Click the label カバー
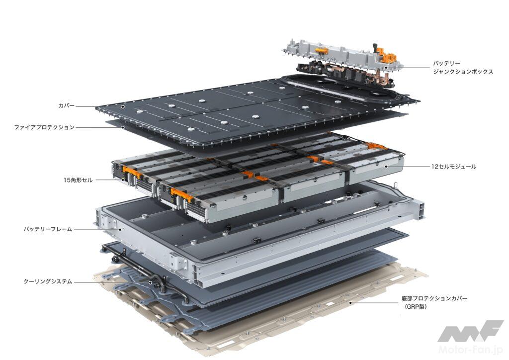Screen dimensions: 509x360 click(66, 105)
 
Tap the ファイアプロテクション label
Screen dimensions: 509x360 click(44, 127)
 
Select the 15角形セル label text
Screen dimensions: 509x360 click(78, 180)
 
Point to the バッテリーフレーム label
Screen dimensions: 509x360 click(47, 229)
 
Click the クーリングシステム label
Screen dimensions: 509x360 click(47, 281)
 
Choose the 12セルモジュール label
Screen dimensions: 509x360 click(453, 167)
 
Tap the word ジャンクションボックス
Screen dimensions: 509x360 click(463, 72)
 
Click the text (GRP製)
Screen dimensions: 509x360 click(416, 307)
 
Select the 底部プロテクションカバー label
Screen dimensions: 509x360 click(434, 298)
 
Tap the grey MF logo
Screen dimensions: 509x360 click(471, 332)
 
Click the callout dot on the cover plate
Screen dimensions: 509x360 click(123, 106)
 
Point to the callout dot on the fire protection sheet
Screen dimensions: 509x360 click(123, 127)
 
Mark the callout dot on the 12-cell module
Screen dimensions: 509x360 click(386, 167)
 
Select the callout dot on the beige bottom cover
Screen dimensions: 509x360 click(350, 303)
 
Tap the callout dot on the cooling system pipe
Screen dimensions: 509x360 click(150, 282)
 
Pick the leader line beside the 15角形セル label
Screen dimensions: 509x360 click(108, 180)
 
